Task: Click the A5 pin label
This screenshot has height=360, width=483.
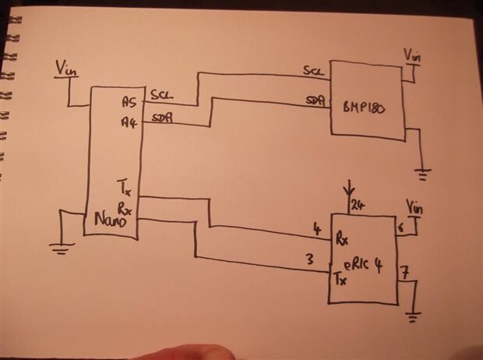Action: point(129,101)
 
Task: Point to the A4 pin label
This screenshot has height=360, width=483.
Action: point(129,122)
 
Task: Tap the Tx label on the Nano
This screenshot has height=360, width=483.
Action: point(123,187)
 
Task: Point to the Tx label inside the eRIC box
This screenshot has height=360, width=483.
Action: point(339,278)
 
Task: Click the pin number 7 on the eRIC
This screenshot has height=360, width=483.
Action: point(404,273)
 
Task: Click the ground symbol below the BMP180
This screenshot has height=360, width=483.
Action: point(423,174)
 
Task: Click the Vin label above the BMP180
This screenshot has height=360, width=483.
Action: point(411,55)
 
